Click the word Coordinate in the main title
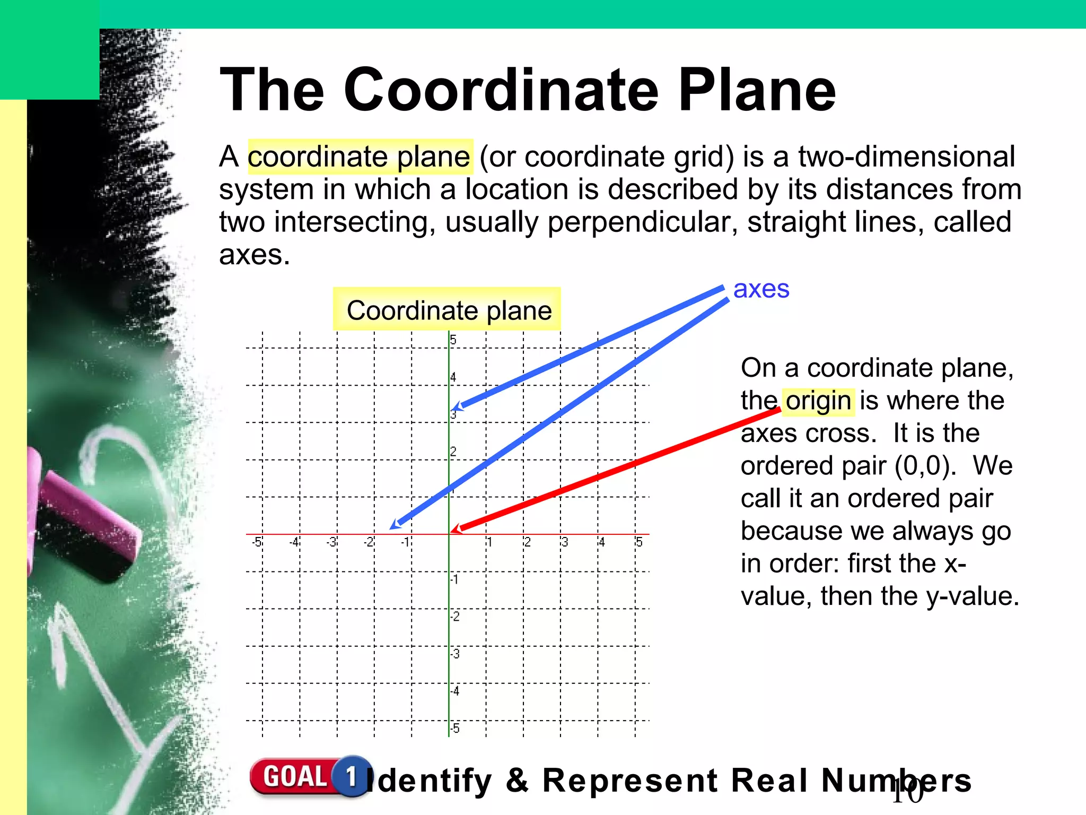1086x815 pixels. tap(501, 90)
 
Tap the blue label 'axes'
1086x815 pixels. tap(761, 290)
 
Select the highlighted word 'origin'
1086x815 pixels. tap(818, 401)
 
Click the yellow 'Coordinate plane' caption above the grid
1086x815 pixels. tap(449, 310)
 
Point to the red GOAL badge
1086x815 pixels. tap(294, 777)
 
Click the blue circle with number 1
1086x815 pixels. tap(351, 776)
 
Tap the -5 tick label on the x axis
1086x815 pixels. tap(257, 542)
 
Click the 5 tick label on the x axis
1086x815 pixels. tap(639, 542)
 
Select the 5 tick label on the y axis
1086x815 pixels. tap(453, 340)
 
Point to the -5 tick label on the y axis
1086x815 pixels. tap(454, 729)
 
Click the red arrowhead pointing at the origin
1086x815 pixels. tap(456, 529)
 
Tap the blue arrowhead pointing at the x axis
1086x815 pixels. tap(396, 524)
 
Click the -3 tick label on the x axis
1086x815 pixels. tap(331, 542)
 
